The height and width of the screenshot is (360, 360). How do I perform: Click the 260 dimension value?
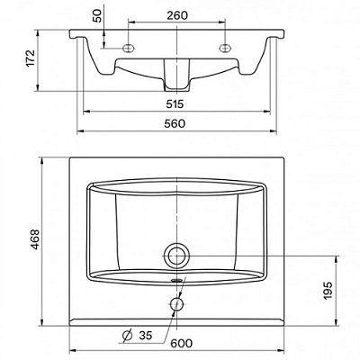point(177,15)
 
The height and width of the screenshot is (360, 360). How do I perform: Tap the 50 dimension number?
point(98,16)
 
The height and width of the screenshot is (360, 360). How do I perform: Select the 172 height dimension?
point(31,58)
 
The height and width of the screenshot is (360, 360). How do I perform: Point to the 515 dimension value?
point(175,104)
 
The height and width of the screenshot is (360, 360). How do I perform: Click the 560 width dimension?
point(175,123)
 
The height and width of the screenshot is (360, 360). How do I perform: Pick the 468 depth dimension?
point(35,239)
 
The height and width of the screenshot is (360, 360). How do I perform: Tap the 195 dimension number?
point(328,290)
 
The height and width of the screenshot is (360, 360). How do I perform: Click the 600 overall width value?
point(182,343)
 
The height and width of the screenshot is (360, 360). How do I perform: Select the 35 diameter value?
point(146,336)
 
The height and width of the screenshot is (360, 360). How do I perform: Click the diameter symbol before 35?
point(128,335)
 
